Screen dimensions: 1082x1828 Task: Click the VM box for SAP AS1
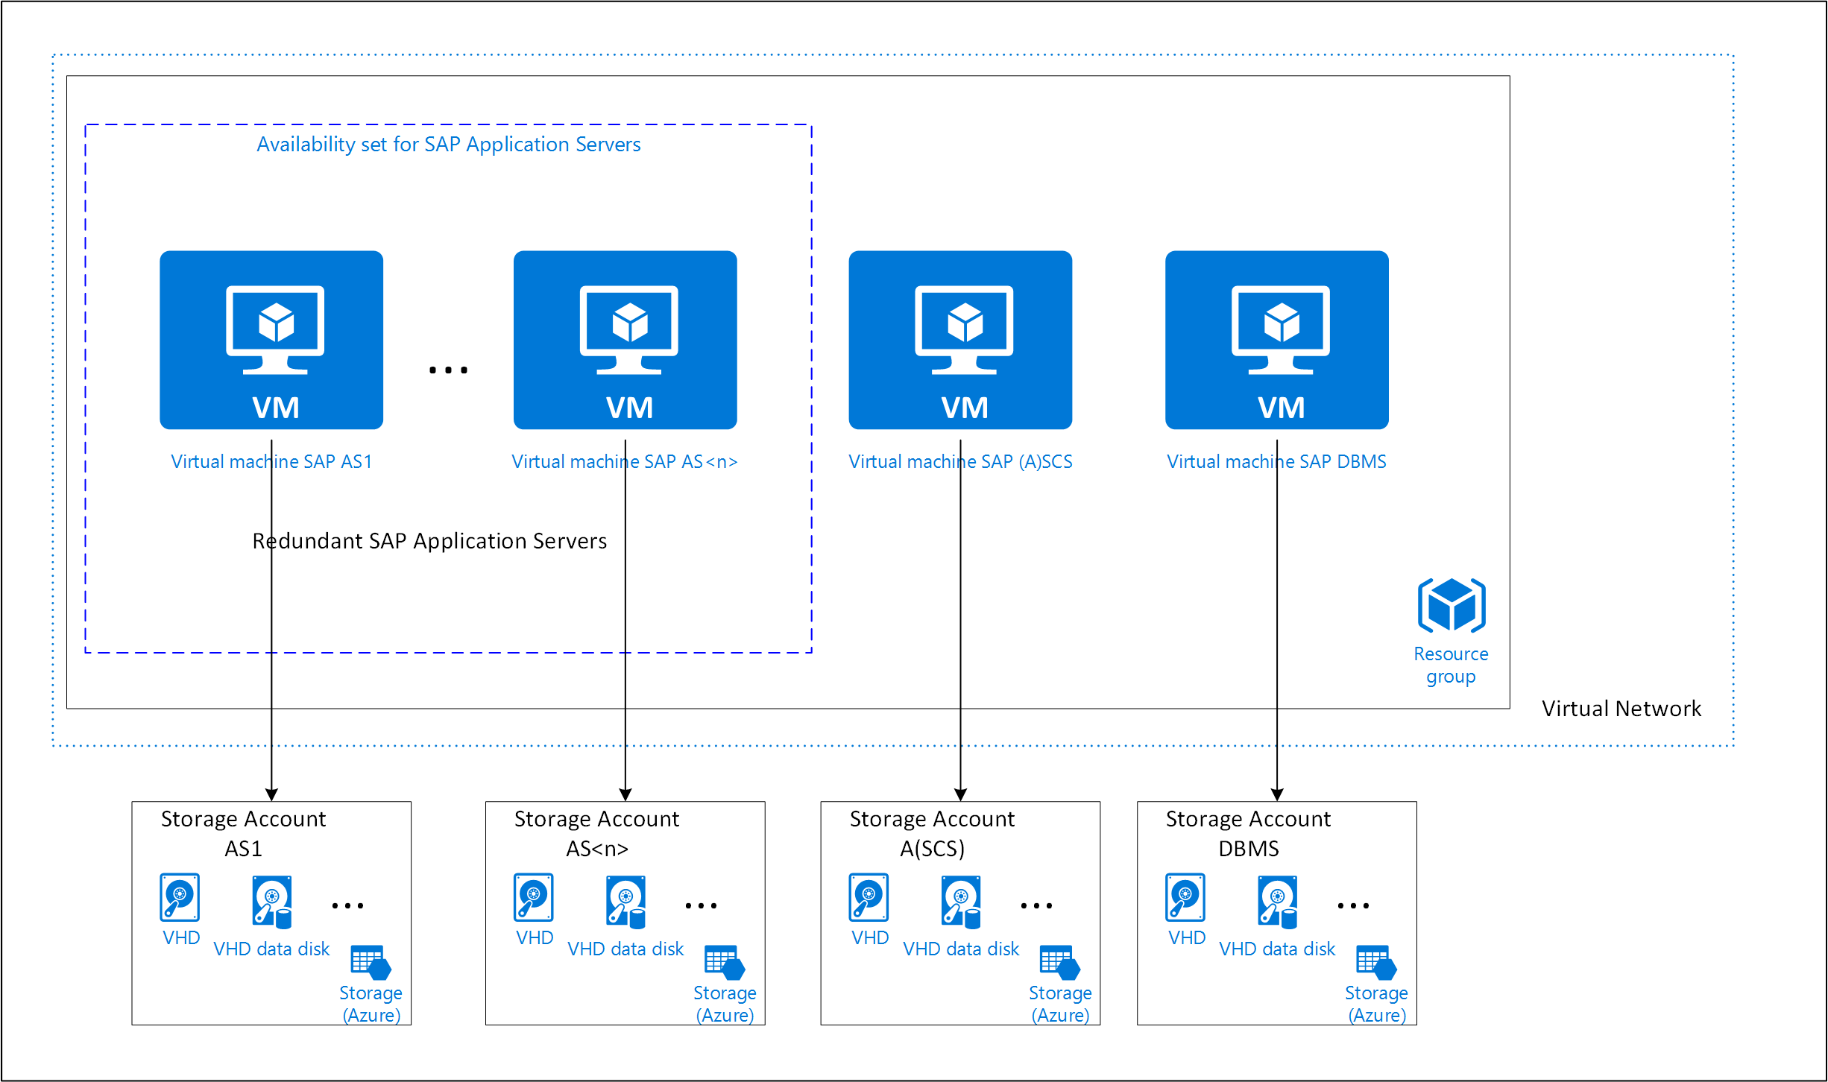pyautogui.click(x=271, y=340)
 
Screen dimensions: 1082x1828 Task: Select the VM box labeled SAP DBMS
pyautogui.click(x=1276, y=340)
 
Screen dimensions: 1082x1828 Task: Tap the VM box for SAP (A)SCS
pyautogui.click(x=960, y=340)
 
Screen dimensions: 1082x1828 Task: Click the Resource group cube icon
pyautogui.click(x=1451, y=605)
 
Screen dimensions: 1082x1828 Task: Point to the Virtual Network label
pyautogui.click(x=1621, y=709)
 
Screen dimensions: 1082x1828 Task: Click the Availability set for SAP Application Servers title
pyautogui.click(x=448, y=145)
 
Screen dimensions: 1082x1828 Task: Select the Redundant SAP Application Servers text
pyautogui.click(x=429, y=541)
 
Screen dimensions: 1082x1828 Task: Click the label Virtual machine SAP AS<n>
pyautogui.click(x=625, y=462)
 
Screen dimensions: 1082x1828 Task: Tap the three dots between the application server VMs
pyautogui.click(x=448, y=370)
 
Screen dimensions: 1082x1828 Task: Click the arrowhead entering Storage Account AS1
pyautogui.click(x=271, y=794)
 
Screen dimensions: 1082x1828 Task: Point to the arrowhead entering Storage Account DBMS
pyautogui.click(x=1276, y=794)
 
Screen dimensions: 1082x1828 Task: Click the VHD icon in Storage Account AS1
pyautogui.click(x=180, y=897)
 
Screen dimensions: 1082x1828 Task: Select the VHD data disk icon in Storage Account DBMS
pyautogui.click(x=1278, y=902)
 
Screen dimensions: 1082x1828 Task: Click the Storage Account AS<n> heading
pyautogui.click(x=596, y=833)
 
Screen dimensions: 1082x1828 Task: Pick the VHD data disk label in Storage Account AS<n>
pyautogui.click(x=625, y=949)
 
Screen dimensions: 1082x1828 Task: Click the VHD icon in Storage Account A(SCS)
pyautogui.click(x=869, y=897)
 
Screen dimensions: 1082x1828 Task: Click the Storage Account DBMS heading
pyautogui.click(x=1248, y=833)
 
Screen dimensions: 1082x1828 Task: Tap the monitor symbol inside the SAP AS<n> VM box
pyautogui.click(x=628, y=328)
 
